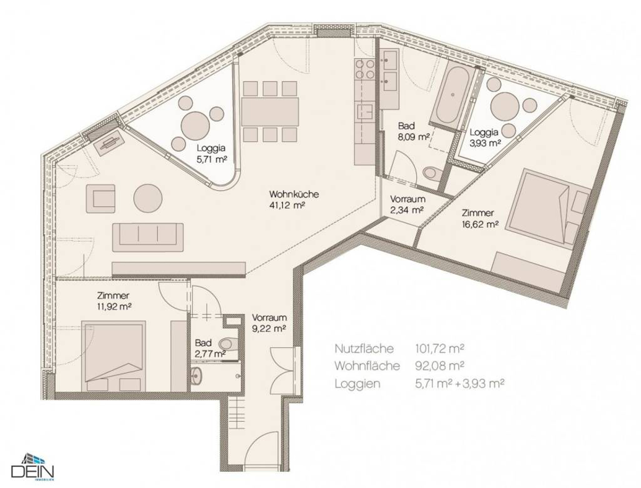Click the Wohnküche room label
pyautogui.click(x=294, y=194)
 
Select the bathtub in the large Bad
pyautogui.click(x=453, y=94)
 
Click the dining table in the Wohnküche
pyautogui.click(x=270, y=112)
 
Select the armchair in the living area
pyautogui.click(x=100, y=199)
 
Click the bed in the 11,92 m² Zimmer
pyautogui.click(x=113, y=356)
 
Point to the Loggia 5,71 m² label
pyautogui.click(x=212, y=154)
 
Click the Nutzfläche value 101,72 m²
pyautogui.click(x=439, y=348)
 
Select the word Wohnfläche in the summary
pyautogui.click(x=367, y=366)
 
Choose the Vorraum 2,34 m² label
pyautogui.click(x=407, y=205)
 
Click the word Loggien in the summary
pyautogui.click(x=357, y=384)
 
